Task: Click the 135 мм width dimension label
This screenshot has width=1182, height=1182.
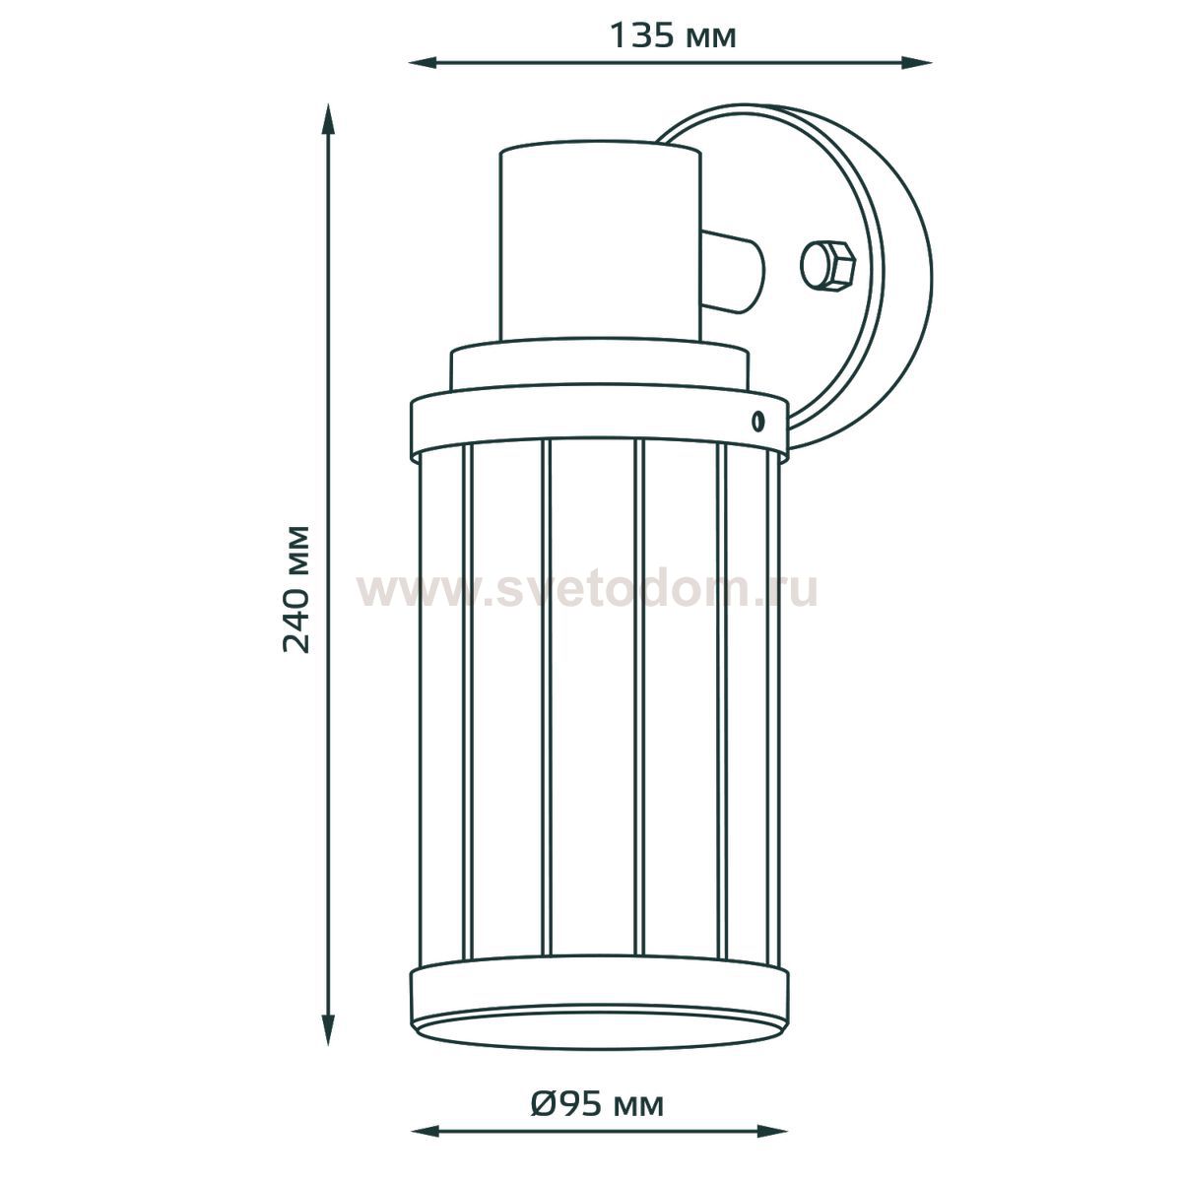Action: (x=673, y=36)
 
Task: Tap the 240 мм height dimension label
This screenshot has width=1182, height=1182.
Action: (x=296, y=589)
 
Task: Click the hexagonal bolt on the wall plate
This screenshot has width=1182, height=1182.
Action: (x=827, y=265)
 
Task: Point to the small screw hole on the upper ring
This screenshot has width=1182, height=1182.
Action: (x=758, y=421)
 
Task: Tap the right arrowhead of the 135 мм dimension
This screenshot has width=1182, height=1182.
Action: (x=917, y=62)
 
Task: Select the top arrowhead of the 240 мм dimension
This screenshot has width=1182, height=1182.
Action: (x=329, y=119)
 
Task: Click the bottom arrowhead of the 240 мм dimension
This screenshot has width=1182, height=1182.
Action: (x=329, y=1028)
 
